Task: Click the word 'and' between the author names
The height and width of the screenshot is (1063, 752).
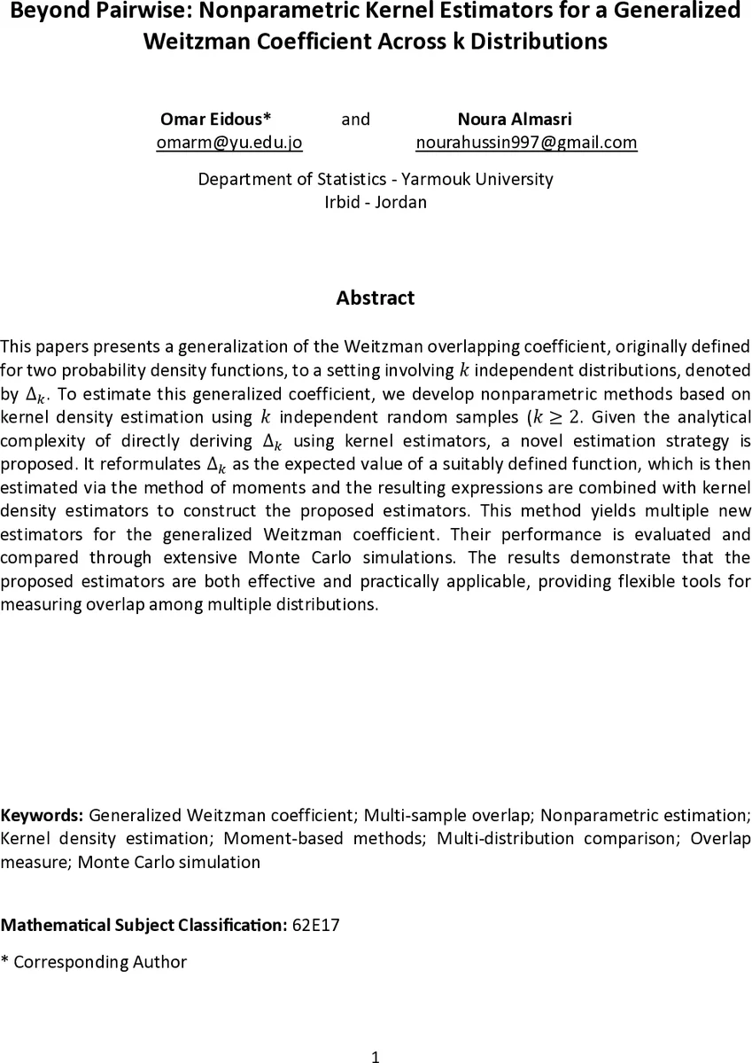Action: coord(355,119)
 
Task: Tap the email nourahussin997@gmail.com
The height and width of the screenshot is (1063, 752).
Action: coord(526,142)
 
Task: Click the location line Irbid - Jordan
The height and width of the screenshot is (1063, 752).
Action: coord(376,202)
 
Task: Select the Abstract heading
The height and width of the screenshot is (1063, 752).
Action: coord(375,298)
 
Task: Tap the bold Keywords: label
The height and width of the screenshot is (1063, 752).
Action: coord(43,815)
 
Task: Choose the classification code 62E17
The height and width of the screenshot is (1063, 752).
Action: coord(315,926)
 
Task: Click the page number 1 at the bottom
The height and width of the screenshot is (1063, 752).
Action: coord(376,1055)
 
